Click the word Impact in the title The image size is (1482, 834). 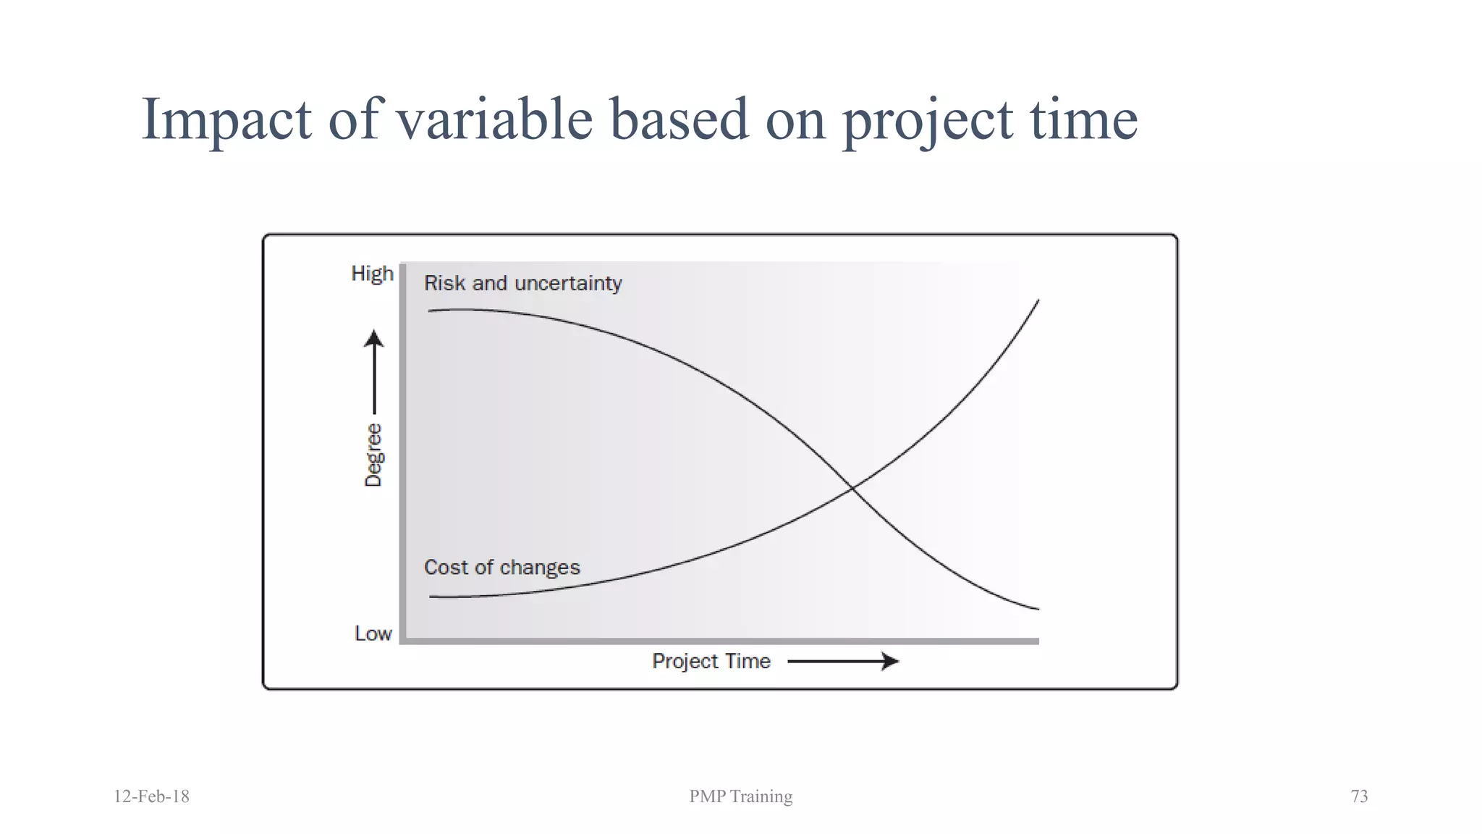coord(226,119)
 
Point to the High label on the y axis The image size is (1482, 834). coord(372,274)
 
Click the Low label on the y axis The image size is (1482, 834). coord(373,633)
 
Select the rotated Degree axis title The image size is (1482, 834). coord(373,455)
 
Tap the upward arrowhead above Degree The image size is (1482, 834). coord(373,338)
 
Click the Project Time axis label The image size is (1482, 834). coord(711,661)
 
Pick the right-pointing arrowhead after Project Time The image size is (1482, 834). coord(891,661)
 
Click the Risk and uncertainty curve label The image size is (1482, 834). coord(522,283)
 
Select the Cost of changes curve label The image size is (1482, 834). coord(501,567)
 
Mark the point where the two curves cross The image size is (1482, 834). coord(853,489)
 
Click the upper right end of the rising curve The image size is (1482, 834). coord(1038,301)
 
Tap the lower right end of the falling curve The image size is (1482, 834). coord(1038,608)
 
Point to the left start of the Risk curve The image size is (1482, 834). coord(430,311)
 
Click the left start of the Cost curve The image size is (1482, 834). coord(431,597)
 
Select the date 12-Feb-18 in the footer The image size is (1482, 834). coord(151,796)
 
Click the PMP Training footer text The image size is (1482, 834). coord(740,796)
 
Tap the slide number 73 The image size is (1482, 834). coord(1358,796)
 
